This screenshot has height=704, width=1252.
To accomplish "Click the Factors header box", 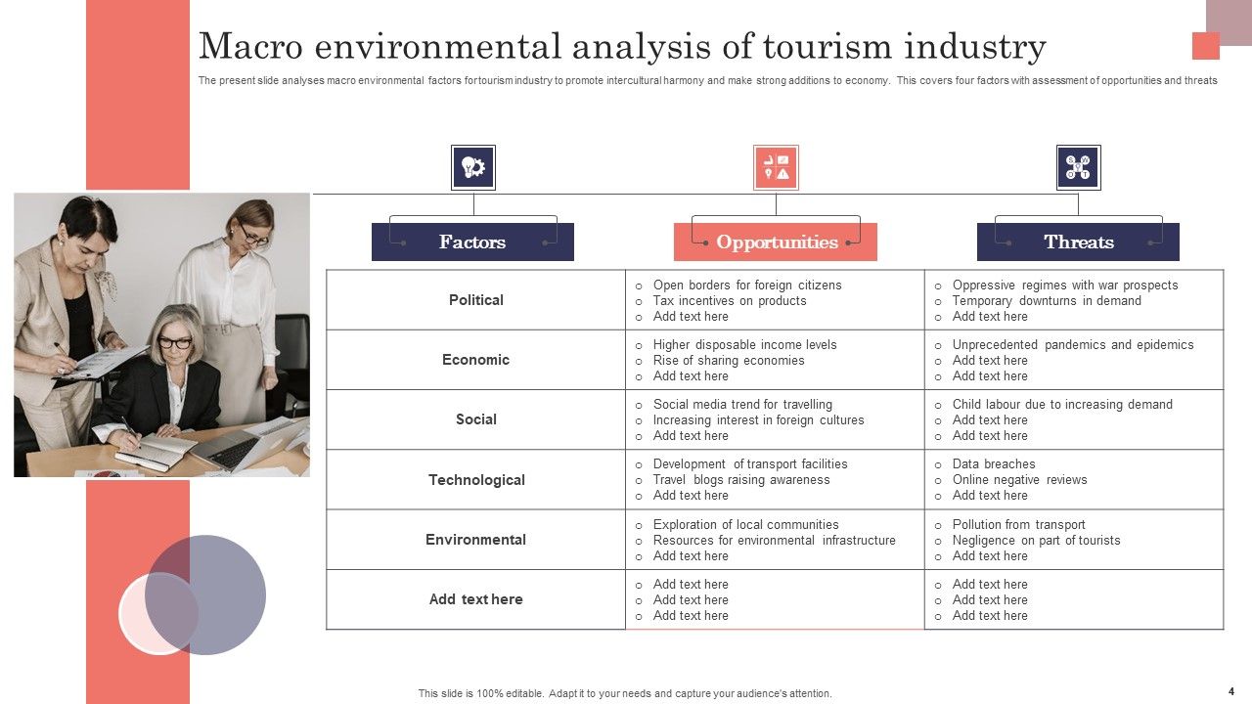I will (472, 242).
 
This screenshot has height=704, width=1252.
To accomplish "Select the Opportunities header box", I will (776, 242).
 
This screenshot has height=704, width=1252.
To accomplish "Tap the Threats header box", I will (1078, 242).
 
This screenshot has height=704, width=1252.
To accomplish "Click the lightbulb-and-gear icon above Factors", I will (473, 167).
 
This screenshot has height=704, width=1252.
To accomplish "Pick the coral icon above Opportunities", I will (776, 167).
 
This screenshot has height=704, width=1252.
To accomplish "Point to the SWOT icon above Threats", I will (1078, 167).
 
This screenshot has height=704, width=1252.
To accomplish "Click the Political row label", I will (476, 300).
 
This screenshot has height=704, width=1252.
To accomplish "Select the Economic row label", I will (475, 360).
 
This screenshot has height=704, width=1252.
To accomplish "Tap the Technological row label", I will (476, 480).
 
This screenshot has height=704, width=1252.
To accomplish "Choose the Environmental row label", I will (475, 540).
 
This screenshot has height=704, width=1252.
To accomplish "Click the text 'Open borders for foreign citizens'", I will (747, 286).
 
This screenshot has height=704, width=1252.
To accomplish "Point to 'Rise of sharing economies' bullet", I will (729, 361).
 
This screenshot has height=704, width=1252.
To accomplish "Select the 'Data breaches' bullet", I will (994, 464).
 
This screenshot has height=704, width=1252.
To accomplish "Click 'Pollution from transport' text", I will (1019, 525).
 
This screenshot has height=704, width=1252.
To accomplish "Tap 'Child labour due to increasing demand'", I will (1062, 405).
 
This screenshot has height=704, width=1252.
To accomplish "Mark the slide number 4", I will (1230, 691).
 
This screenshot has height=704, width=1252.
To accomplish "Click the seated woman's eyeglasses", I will (175, 343).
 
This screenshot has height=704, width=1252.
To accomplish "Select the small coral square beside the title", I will (1206, 46).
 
